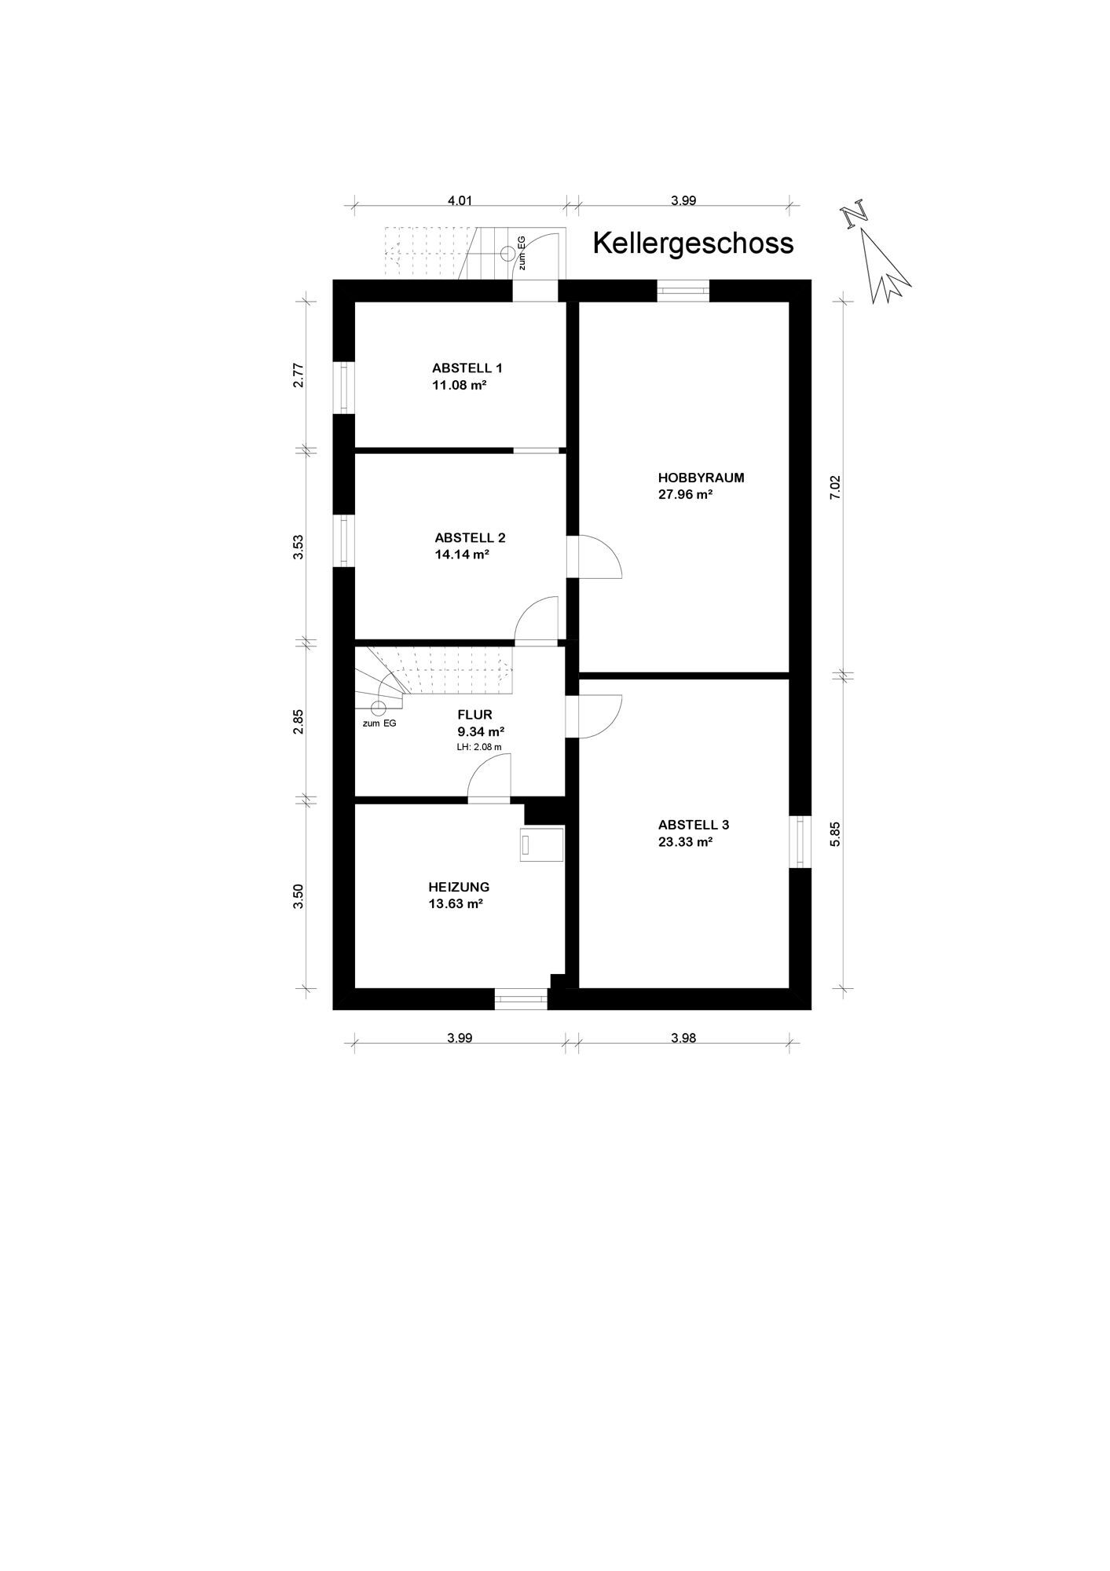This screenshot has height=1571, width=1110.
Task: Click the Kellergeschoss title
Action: click(693, 244)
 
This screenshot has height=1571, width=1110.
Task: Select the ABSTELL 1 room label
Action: click(467, 368)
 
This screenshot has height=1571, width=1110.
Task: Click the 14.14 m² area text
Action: click(462, 554)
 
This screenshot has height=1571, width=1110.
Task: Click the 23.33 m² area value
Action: click(685, 842)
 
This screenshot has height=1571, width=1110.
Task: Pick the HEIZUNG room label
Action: click(459, 887)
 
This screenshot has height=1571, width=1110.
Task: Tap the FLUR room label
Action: click(474, 715)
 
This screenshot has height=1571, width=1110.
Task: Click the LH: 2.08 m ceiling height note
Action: click(478, 747)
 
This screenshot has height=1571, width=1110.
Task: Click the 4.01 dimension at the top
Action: click(460, 200)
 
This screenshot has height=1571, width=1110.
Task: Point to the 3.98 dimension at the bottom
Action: click(683, 1038)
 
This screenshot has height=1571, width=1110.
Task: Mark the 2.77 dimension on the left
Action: click(299, 375)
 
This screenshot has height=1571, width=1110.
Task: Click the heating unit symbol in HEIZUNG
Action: click(540, 844)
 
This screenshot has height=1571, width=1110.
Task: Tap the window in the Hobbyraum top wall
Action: click(683, 291)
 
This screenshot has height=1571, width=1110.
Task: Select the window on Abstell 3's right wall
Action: click(800, 842)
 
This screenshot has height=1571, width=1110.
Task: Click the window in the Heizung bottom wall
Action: click(521, 999)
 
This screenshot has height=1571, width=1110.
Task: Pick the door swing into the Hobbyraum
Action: click(599, 557)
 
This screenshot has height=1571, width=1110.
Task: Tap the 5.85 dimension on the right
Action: click(835, 833)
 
